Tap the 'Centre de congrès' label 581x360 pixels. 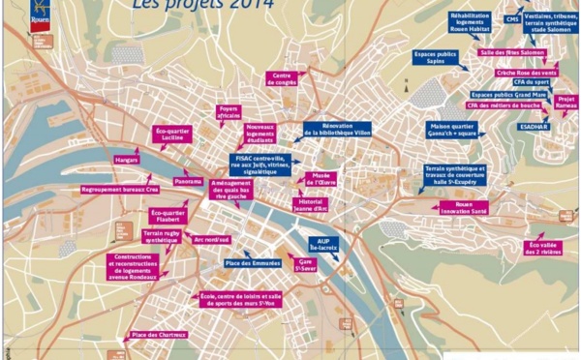(283, 77)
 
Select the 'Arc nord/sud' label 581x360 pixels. (211, 238)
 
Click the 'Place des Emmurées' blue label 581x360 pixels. (252, 264)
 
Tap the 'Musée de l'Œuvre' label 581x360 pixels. (322, 180)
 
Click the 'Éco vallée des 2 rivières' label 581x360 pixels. (542, 248)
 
